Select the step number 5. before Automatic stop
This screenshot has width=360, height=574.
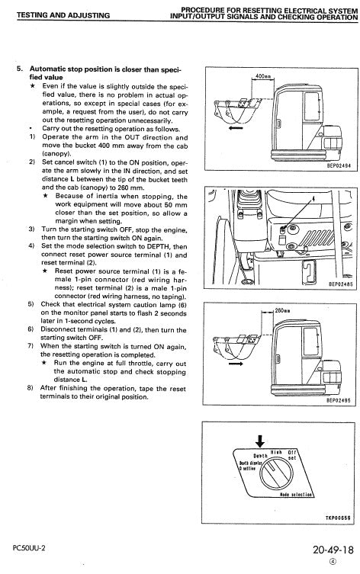click(21, 69)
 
